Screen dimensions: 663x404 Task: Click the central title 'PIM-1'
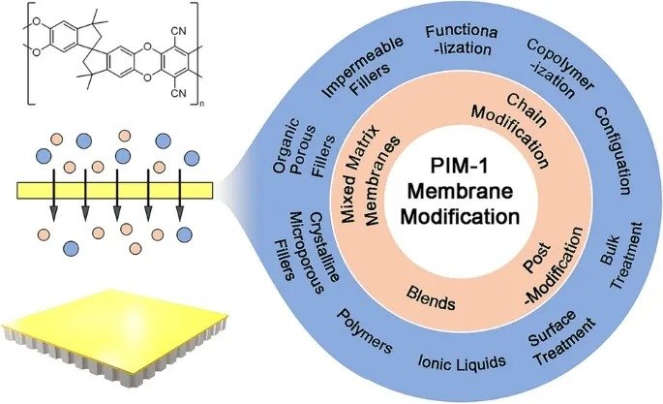pyautogui.click(x=460, y=166)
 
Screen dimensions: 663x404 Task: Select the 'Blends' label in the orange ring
pyautogui.click(x=431, y=297)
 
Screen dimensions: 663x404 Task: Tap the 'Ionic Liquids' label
pyautogui.click(x=462, y=362)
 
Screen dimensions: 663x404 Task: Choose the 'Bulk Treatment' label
pyautogui.click(x=620, y=256)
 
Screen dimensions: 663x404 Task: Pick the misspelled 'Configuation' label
pyautogui.click(x=614, y=150)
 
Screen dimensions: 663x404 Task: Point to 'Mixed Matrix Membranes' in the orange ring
pyautogui.click(x=371, y=174)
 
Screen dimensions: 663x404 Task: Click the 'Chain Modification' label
pyautogui.click(x=512, y=131)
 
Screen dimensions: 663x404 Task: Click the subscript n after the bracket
pyautogui.click(x=201, y=104)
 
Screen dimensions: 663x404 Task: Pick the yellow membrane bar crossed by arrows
pyautogui.click(x=114, y=190)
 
